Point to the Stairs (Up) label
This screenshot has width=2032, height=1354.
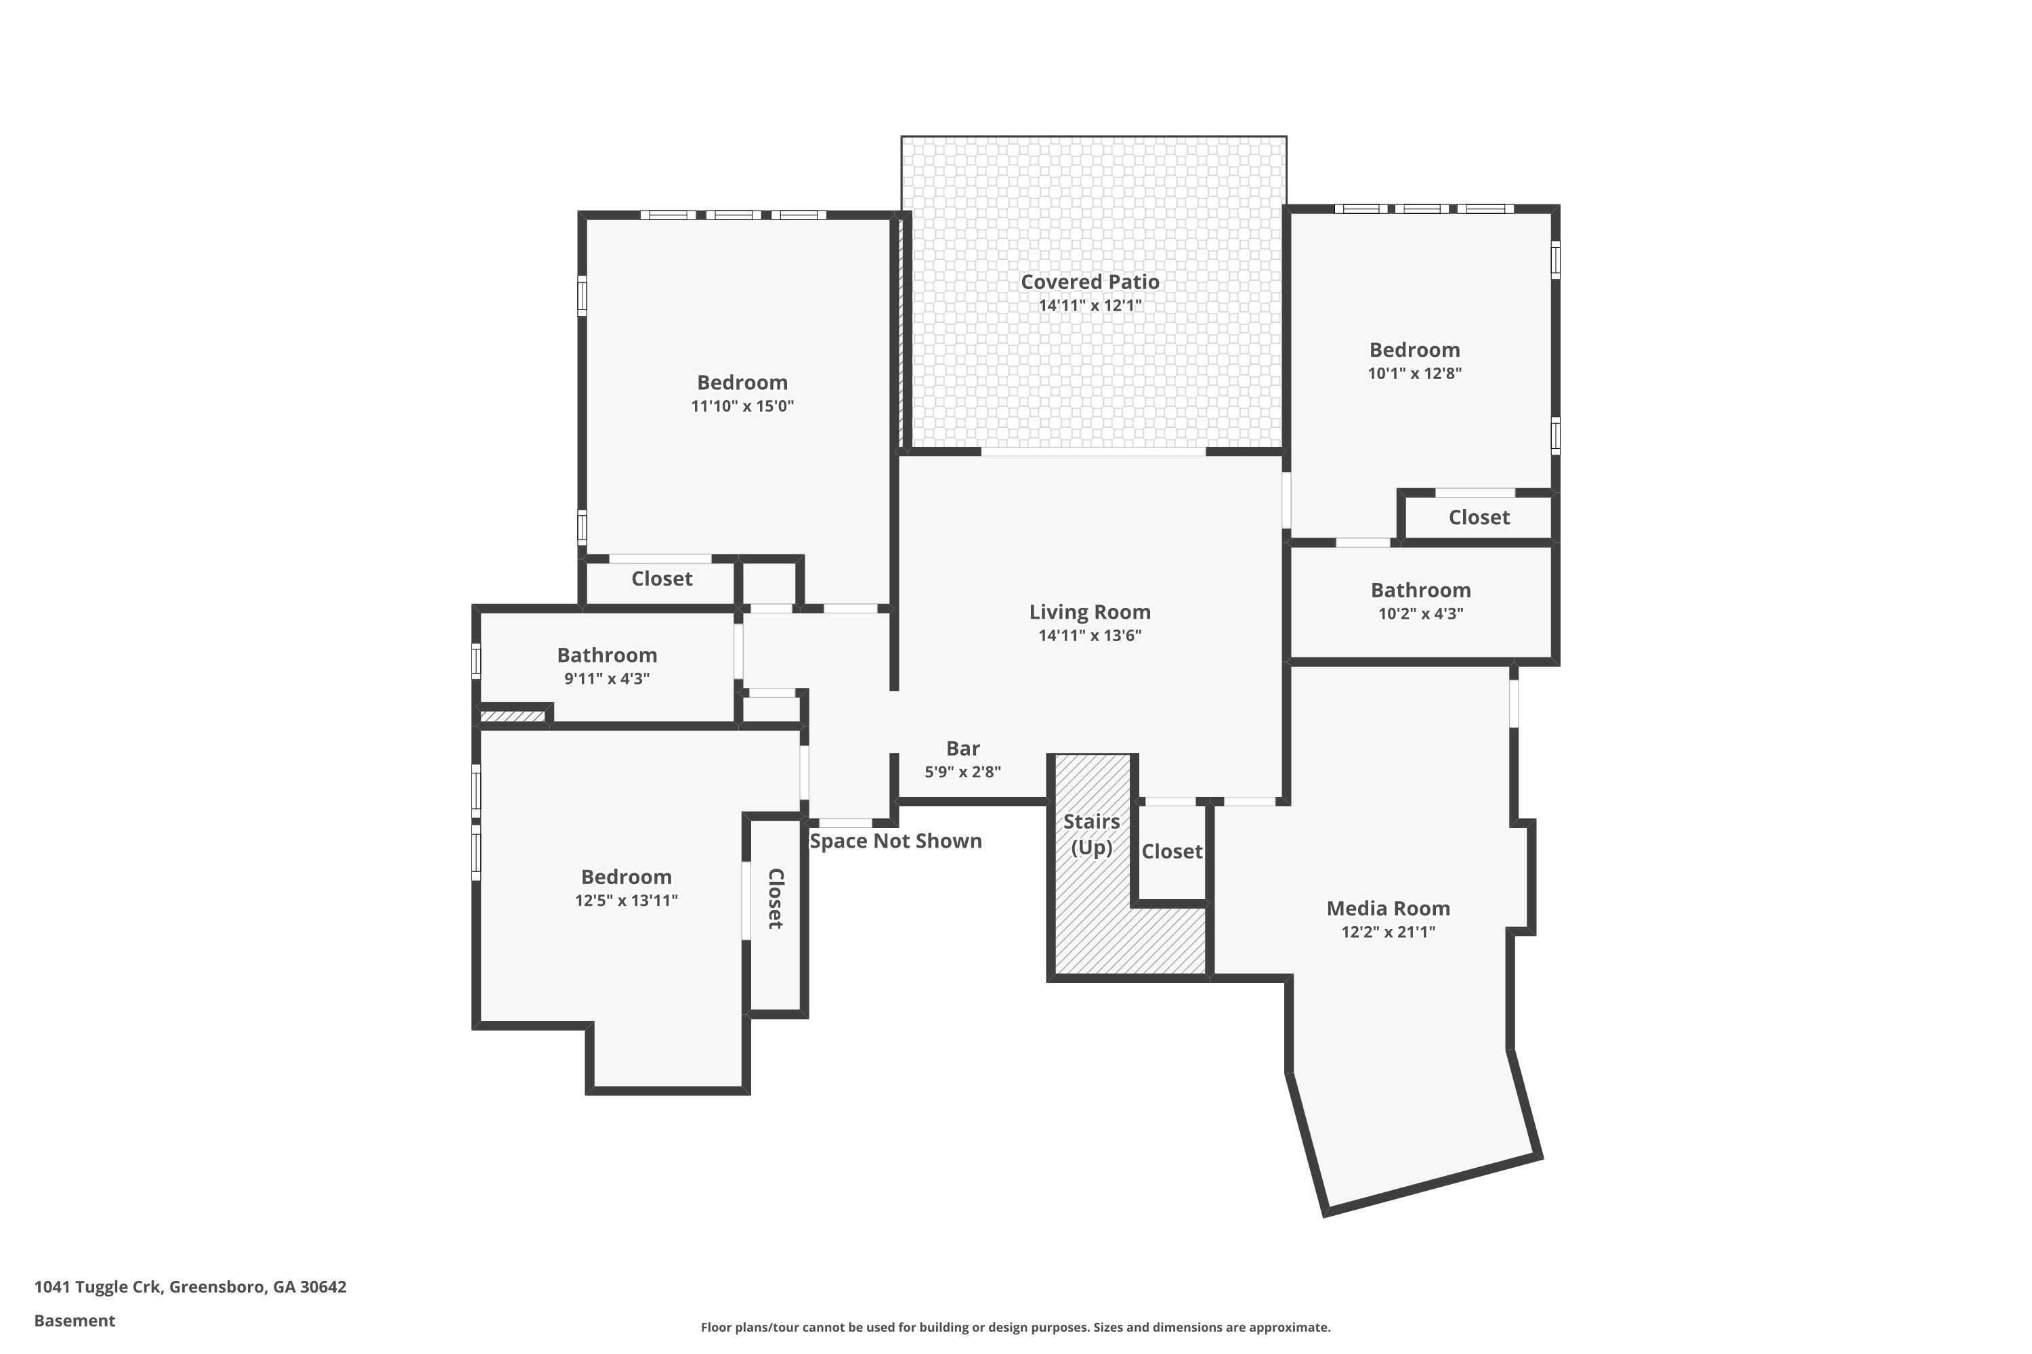[x=1091, y=834]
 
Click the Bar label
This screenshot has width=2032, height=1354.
[x=962, y=749]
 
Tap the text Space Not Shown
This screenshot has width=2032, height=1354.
[x=896, y=841]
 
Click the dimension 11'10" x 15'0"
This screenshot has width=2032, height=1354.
[x=742, y=406]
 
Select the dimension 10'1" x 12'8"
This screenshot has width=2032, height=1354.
[x=1414, y=373]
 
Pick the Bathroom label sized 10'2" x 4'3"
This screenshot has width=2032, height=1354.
[x=1420, y=590]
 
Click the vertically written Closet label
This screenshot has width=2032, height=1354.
[x=776, y=899]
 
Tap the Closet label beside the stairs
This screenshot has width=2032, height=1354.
[x=1172, y=852]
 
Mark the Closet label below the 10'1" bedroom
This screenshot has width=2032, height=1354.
[x=1479, y=517]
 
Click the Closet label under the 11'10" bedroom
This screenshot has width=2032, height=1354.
[x=662, y=579]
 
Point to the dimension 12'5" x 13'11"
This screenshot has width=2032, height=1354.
[x=627, y=900]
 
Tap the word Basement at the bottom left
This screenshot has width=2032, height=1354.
[x=75, y=1320]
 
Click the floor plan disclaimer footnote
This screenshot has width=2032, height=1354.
[x=1015, y=1327]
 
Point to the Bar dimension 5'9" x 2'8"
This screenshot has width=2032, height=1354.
[x=962, y=772]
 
